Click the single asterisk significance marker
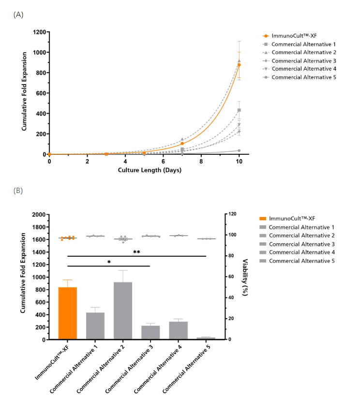pos(109,262)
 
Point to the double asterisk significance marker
pos(137,252)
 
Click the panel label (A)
pos(18,14)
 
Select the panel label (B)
pos(18,191)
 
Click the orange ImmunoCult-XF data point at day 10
pos(239,65)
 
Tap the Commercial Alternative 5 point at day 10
pos(239,150)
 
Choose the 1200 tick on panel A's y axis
pos(40,32)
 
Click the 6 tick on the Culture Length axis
pos(163,161)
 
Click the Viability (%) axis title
pos(243,277)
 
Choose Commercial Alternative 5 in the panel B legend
pos(302,261)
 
